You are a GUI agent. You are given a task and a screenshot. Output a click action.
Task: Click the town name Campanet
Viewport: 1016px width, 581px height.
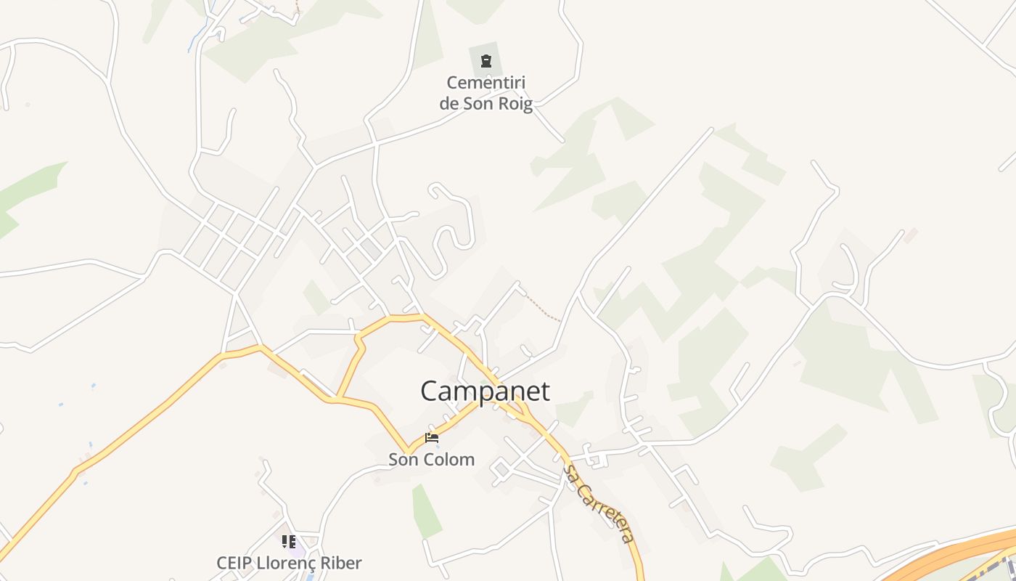click(x=485, y=391)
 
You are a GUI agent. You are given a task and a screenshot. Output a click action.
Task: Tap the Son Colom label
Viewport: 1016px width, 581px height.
click(x=431, y=460)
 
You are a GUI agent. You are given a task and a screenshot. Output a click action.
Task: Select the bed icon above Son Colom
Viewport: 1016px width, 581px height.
click(x=432, y=438)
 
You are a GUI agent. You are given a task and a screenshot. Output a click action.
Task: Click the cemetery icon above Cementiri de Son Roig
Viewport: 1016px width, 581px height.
click(x=486, y=61)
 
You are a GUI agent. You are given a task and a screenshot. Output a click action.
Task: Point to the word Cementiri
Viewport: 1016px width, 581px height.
click(x=486, y=83)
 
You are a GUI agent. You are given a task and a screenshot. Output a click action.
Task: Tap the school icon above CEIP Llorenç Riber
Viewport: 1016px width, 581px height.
click(x=289, y=542)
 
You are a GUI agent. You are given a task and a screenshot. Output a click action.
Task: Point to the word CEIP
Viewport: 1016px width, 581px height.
click(x=234, y=563)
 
